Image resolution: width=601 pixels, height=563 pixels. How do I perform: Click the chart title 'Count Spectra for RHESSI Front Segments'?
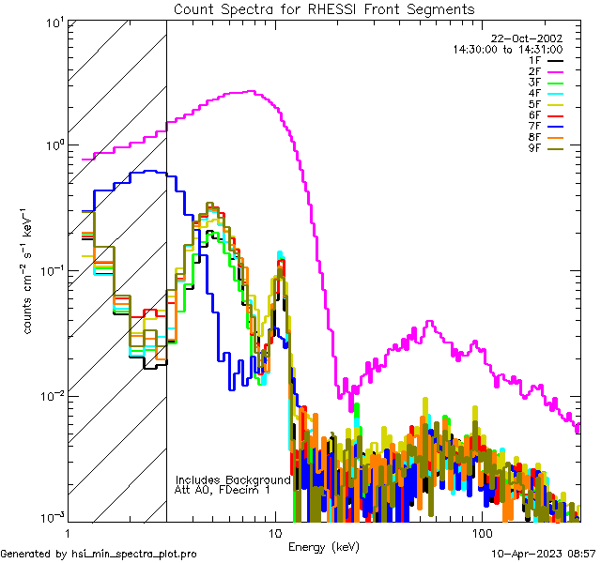[324, 8]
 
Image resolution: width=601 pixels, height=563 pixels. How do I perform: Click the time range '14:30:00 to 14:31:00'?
[507, 49]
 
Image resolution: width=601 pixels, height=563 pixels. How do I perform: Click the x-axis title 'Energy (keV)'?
[324, 546]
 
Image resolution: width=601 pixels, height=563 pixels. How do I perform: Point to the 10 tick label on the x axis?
[274, 532]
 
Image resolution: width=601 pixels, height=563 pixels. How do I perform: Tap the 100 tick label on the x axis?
[481, 532]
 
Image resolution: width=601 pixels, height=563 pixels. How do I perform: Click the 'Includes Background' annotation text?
[233, 479]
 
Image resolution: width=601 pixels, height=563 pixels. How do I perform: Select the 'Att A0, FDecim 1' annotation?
[223, 490]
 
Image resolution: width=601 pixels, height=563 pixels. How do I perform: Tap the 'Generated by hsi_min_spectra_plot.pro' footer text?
[99, 554]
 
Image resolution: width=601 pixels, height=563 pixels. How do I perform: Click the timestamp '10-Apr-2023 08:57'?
[543, 554]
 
